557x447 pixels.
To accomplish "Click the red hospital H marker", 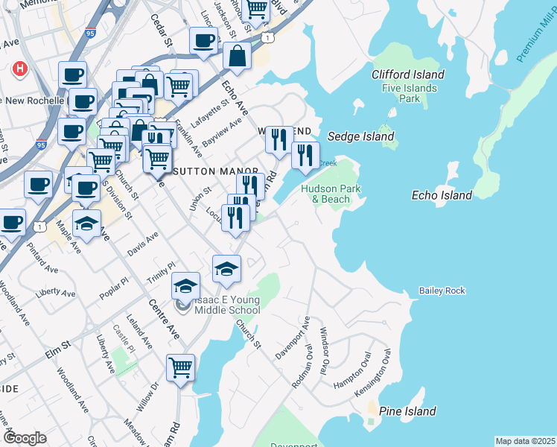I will point(20,69).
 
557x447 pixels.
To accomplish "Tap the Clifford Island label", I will point(408,74).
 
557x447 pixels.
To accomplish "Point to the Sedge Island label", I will point(361,137).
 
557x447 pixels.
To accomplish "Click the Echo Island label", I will point(442,195).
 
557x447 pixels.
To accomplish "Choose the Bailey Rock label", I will point(442,291).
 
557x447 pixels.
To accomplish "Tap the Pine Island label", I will point(407,411).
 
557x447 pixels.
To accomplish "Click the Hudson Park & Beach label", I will point(331,194).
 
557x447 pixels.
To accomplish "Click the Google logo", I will point(25,437).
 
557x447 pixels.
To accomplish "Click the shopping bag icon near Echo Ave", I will point(237,57).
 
